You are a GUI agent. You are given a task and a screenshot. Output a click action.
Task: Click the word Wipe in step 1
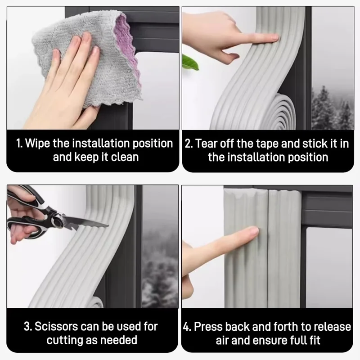(36, 144)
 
